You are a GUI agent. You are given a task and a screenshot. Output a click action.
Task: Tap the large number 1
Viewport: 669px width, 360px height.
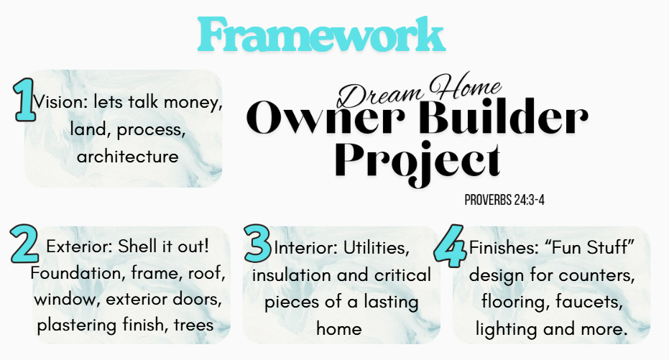24,100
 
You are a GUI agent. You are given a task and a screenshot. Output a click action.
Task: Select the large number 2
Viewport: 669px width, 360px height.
24,244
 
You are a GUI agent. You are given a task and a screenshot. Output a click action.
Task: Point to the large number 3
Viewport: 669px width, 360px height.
258,244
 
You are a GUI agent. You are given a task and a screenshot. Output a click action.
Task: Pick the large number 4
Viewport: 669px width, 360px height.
451,246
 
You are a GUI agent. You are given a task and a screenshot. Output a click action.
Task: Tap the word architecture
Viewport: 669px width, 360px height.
128,156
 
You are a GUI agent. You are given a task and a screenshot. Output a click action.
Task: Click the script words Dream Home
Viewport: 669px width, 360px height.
419,91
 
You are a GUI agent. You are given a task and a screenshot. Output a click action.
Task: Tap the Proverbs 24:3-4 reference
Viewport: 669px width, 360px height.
504,200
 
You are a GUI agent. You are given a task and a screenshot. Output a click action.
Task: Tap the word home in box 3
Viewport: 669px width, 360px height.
339,329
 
